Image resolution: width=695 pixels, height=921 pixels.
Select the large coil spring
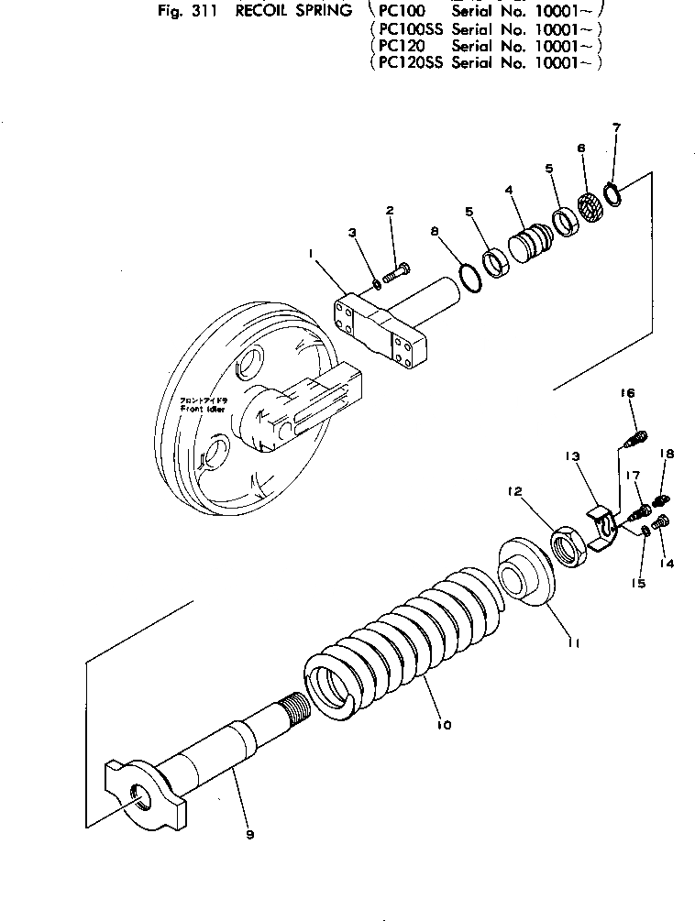coord(403,641)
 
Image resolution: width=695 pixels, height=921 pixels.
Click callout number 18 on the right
coord(667,454)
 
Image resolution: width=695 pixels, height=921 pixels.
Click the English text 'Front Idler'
coord(204,411)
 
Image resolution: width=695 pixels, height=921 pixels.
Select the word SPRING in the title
coord(313,10)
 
